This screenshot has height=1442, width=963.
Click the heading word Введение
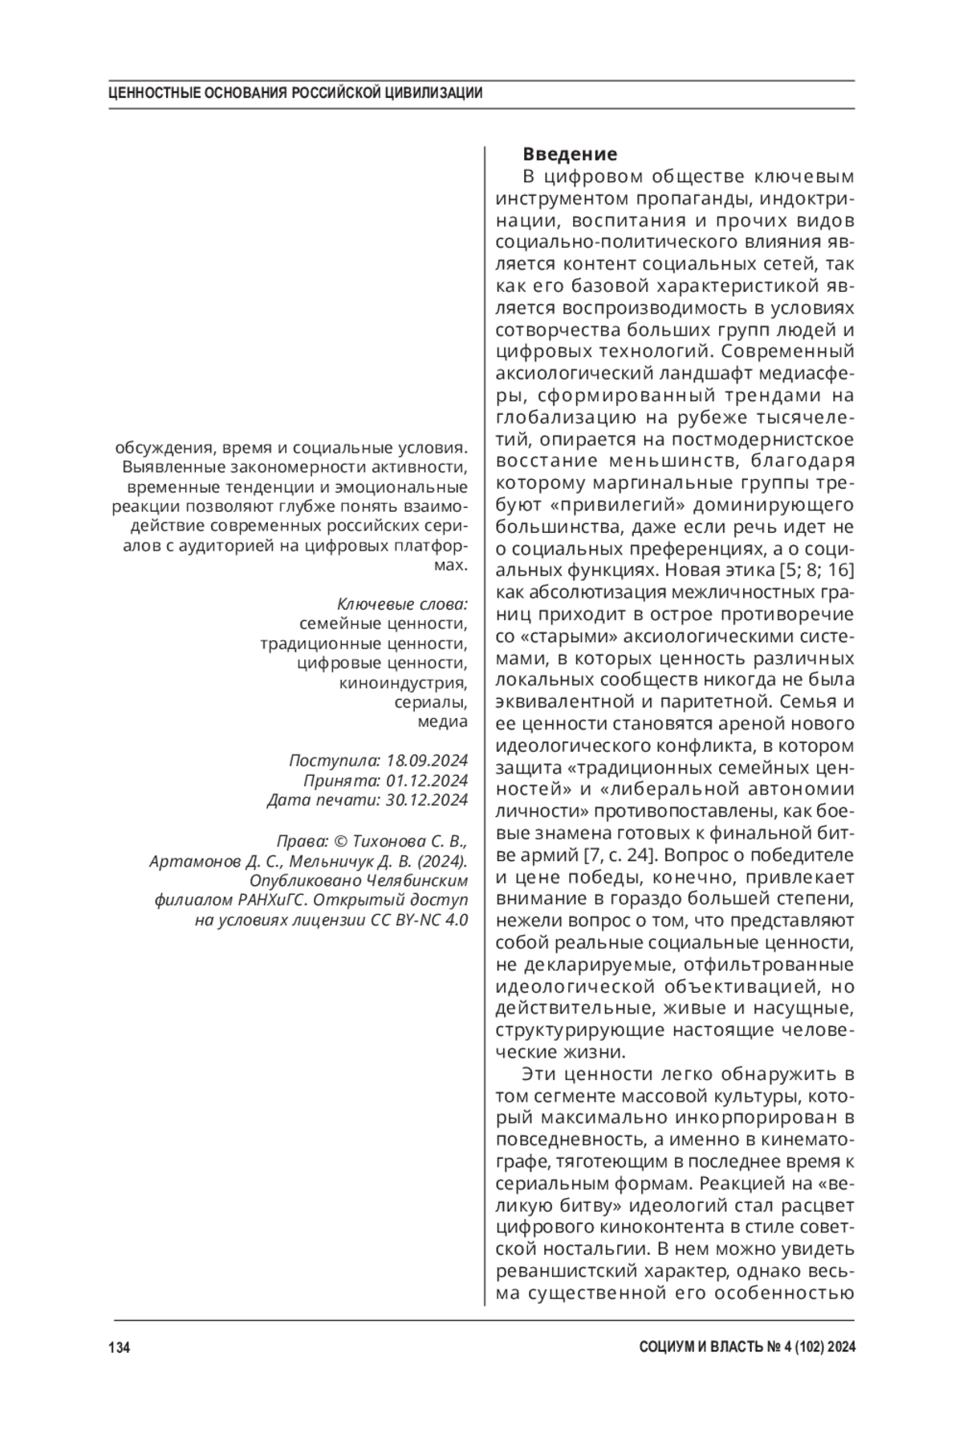pos(570,153)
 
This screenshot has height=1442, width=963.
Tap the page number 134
pos(119,1347)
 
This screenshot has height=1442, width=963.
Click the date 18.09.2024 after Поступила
pos(427,760)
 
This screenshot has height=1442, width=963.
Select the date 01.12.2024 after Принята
pos(427,780)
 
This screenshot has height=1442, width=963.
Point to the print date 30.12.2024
pos(427,799)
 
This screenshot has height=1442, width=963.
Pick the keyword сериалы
pos(431,702)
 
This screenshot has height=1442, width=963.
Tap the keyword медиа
pos(442,721)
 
